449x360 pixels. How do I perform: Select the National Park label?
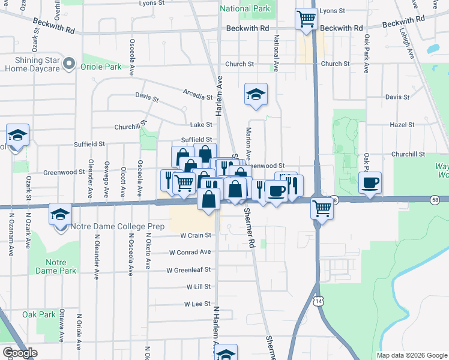[245, 9]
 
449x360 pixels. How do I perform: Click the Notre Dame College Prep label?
[107, 226]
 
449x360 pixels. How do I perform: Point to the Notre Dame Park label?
[60, 266]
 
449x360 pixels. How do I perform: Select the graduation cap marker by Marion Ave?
[256, 94]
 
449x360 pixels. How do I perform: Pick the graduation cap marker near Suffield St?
[17, 135]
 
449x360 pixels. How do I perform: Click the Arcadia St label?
[198, 97]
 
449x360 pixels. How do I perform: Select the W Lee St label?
[197, 304]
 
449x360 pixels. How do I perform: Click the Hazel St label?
[402, 125]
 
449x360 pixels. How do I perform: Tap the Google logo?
[20, 353]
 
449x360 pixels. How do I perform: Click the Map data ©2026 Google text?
[411, 355]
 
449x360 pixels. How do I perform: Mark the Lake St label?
[201, 125]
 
